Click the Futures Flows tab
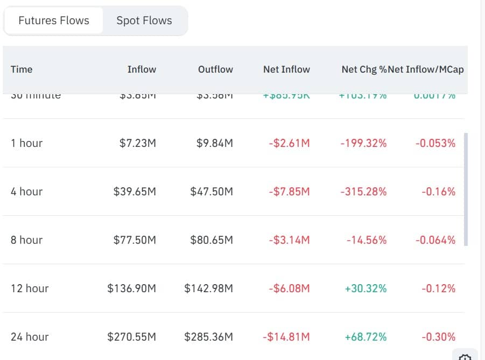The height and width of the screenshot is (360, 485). [54, 21]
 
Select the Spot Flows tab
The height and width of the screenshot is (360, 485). [144, 21]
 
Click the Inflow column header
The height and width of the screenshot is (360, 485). [142, 69]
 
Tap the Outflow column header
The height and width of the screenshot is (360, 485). [215, 69]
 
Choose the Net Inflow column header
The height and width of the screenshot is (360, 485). [286, 69]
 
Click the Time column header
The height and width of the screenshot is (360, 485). [22, 69]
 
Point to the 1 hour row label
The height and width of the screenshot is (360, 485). [26, 143]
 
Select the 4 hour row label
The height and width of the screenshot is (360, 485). [26, 192]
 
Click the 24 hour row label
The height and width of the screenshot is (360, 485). [30, 337]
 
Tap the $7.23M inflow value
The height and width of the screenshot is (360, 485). [138, 143]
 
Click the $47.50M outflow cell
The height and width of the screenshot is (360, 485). [212, 192]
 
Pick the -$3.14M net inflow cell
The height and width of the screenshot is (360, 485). [289, 240]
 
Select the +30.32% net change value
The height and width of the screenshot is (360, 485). [365, 288]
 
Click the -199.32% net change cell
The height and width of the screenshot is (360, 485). [363, 143]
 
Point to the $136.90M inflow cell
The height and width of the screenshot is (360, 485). [132, 288]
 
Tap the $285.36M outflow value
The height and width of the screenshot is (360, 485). [209, 337]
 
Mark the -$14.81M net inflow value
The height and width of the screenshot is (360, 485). [286, 337]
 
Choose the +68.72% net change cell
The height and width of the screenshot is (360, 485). [365, 337]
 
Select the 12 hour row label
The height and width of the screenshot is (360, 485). [30, 288]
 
